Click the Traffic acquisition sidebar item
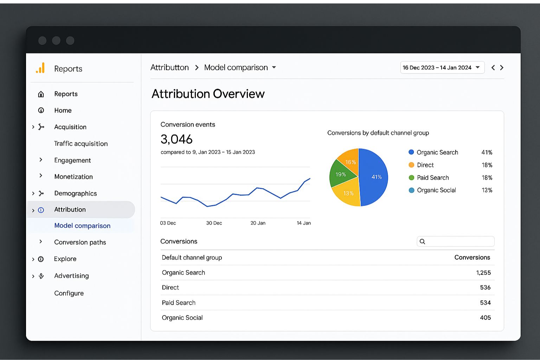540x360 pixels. [81, 143]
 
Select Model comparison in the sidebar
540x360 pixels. [82, 226]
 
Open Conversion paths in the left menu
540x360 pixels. [80, 242]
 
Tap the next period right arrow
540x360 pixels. [502, 67]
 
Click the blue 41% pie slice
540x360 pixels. [375, 177]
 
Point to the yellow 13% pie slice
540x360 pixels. [348, 193]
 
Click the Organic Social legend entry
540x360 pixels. [436, 190]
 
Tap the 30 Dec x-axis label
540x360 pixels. [214, 223]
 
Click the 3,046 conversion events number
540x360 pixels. [176, 139]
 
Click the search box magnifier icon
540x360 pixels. [423, 242]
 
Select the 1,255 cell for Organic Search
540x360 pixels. [483, 272]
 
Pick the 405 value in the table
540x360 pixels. [485, 317]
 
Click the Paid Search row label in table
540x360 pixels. [179, 303]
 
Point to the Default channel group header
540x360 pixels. [192, 257]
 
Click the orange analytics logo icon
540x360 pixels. [41, 68]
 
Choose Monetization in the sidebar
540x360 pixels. [73, 176]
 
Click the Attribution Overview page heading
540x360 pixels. [208, 94]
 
